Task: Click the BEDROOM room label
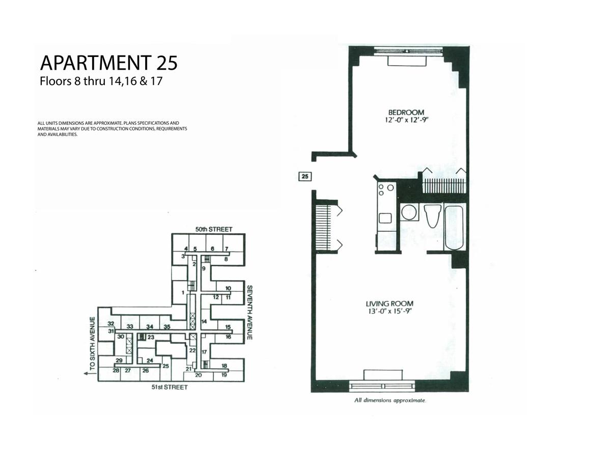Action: [406, 112]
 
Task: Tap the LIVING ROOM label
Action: [390, 303]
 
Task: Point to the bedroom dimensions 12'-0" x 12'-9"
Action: [406, 120]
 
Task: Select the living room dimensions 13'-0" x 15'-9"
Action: [390, 311]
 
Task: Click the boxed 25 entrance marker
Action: [305, 176]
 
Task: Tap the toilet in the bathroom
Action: [432, 216]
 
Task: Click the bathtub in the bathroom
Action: [454, 228]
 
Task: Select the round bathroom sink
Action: [408, 212]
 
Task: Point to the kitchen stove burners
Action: [385, 189]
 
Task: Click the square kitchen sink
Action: [385, 218]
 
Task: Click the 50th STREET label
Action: [214, 230]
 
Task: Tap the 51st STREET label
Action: [170, 387]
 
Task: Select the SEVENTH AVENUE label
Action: [249, 313]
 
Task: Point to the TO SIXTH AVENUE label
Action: [92, 344]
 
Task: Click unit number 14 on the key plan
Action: [204, 321]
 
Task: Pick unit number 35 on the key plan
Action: [167, 327]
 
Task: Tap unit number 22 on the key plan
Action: [192, 350]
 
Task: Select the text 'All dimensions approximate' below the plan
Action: [390, 400]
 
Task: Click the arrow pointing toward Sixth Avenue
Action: [90, 374]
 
